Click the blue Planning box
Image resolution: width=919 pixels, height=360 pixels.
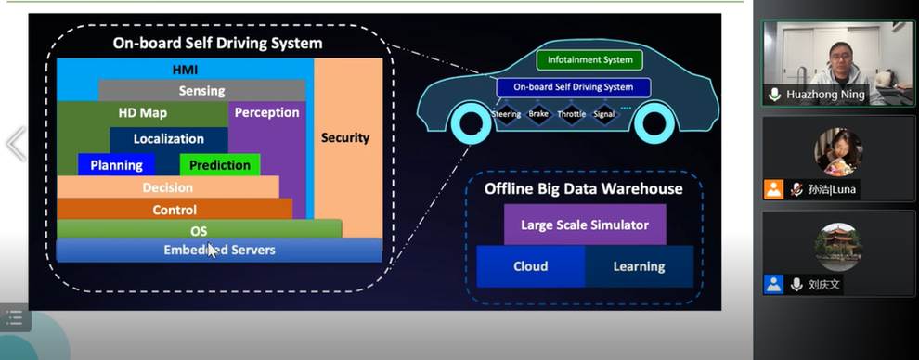click(x=116, y=164)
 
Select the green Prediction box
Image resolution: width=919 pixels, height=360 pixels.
click(x=220, y=164)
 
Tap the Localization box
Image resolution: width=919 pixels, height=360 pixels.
click(x=169, y=139)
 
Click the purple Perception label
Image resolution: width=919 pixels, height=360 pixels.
click(x=266, y=113)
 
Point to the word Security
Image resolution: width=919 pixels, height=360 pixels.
click(x=345, y=138)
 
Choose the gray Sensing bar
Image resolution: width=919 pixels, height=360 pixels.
click(x=201, y=91)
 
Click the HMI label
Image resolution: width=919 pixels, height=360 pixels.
click(x=186, y=71)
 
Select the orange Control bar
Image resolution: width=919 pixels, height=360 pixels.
click(x=175, y=210)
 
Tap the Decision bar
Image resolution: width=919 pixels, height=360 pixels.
click(x=168, y=187)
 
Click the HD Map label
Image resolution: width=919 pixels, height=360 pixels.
click(x=142, y=113)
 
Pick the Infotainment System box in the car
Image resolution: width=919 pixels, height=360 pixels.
click(x=589, y=59)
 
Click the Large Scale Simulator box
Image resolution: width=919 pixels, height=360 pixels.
click(x=585, y=225)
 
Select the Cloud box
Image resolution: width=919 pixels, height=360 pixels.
click(x=530, y=266)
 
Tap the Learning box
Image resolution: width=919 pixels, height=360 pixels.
click(x=639, y=266)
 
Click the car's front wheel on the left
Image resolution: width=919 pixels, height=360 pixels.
click(x=471, y=123)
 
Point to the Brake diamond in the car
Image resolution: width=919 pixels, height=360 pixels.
click(x=538, y=114)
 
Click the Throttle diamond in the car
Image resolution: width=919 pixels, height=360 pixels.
click(x=571, y=114)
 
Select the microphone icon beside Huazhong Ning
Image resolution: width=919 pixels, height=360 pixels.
click(x=775, y=95)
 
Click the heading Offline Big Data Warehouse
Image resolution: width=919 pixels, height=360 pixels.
click(x=583, y=188)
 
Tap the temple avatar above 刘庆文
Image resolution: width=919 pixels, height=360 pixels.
click(x=839, y=247)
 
